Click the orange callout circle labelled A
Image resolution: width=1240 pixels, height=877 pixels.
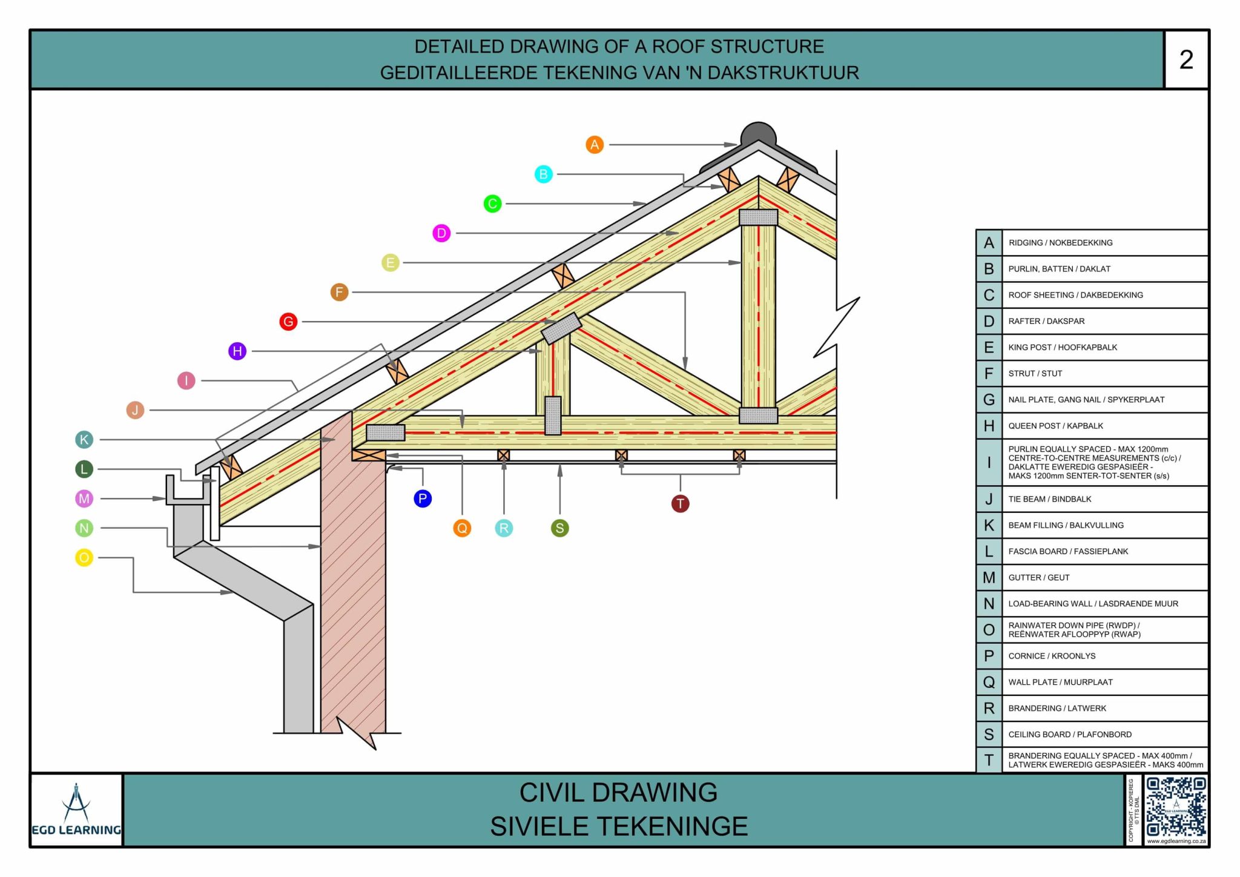(x=595, y=145)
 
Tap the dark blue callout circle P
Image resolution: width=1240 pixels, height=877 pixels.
(x=423, y=498)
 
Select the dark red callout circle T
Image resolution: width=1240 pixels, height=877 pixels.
(x=680, y=503)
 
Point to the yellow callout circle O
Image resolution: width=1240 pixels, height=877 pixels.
(x=84, y=557)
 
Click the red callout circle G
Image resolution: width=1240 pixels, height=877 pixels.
(x=288, y=322)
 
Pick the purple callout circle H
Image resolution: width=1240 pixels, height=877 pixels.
(x=237, y=351)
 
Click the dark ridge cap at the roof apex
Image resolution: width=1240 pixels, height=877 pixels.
(x=758, y=133)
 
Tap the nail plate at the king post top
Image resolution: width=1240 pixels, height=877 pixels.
(x=758, y=217)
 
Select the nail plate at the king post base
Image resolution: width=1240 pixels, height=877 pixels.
(x=758, y=415)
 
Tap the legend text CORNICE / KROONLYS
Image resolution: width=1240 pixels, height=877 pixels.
(x=1052, y=656)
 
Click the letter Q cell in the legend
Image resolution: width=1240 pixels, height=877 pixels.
(x=989, y=682)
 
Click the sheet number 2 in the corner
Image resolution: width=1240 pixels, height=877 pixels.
(x=1186, y=59)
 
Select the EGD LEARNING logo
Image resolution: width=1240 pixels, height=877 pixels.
(x=76, y=810)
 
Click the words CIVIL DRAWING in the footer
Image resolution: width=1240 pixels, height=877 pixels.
(x=618, y=792)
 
